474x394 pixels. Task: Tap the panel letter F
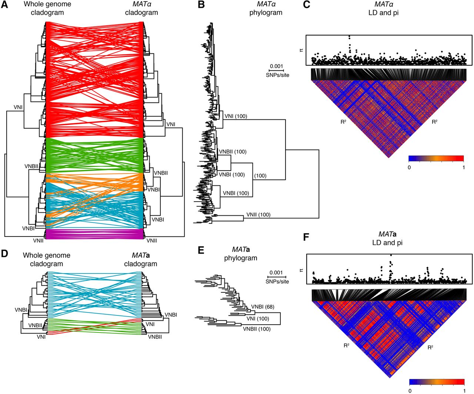coord(306,237)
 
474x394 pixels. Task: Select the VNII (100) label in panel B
coord(258,215)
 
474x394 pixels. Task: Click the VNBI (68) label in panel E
coord(263,307)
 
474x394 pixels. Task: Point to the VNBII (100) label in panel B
coord(233,152)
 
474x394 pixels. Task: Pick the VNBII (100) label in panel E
coord(257,329)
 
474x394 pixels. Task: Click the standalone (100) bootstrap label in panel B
coord(260,176)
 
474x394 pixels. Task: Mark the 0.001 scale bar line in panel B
coord(276,70)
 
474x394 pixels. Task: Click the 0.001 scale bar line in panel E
coord(277,277)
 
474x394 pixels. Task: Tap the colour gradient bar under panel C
coord(436,158)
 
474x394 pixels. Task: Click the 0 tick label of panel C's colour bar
coord(409,167)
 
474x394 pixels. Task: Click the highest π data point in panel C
coord(349,37)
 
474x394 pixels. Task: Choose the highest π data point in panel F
coord(391,255)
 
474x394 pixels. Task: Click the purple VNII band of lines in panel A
coord(94,234)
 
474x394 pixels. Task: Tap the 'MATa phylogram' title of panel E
coord(240,254)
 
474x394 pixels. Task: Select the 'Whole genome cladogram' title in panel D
coord(47,259)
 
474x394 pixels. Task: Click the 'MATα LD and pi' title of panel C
coord(383,9)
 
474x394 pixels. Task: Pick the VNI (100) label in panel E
coord(258,319)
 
